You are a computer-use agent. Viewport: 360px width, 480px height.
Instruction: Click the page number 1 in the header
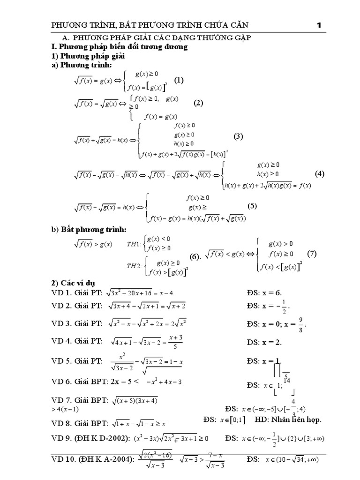(x=319, y=25)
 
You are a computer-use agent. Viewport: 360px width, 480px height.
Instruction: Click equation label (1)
(x=179, y=80)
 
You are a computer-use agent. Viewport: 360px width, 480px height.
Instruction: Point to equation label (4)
(x=320, y=174)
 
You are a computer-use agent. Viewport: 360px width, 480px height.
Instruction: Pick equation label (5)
(x=253, y=206)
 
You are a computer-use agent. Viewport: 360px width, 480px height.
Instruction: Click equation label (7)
(x=312, y=254)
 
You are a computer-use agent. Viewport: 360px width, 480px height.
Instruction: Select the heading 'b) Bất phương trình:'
(x=89, y=229)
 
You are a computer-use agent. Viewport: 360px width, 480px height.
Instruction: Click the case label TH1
(x=135, y=244)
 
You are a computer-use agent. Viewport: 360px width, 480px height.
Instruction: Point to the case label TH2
(x=135, y=266)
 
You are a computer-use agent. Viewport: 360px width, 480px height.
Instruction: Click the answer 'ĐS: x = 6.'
(x=264, y=293)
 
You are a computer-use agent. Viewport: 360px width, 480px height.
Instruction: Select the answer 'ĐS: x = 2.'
(x=264, y=342)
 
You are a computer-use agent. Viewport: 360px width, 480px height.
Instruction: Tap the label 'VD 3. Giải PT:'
(x=76, y=324)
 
